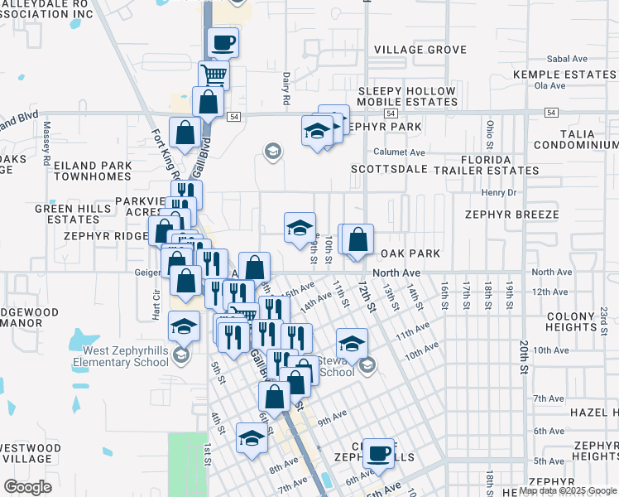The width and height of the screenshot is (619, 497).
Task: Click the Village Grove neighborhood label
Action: [420, 50]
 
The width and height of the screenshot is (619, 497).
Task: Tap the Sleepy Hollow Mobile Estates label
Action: [406, 97]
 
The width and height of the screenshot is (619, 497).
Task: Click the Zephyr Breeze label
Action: [511, 215]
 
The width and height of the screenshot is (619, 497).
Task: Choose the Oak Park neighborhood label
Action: [410, 253]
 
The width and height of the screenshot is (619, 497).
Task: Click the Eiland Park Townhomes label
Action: [92, 171]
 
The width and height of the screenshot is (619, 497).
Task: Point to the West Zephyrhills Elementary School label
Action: [121, 357]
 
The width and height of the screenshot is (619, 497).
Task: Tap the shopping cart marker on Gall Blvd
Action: [214, 75]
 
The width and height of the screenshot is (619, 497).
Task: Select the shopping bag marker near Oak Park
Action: [357, 240]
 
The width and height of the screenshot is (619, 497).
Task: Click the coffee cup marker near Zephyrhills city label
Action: [378, 453]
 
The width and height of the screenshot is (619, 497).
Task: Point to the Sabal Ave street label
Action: [567, 60]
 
